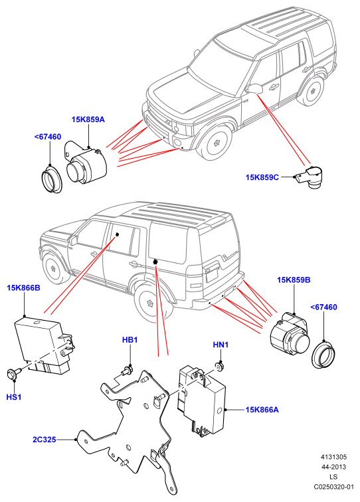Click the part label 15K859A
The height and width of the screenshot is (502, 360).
click(88, 120)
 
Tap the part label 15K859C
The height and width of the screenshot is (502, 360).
click(262, 177)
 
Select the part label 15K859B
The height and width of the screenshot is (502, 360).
click(294, 280)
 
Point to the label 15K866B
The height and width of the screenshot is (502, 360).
click(23, 288)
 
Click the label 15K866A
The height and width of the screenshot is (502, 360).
click(262, 410)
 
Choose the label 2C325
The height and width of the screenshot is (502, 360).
click(45, 440)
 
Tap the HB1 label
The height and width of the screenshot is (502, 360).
click(130, 340)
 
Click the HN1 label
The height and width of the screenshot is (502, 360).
click(221, 345)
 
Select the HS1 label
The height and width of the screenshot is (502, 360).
click(14, 397)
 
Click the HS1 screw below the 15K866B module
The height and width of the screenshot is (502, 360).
click(13, 374)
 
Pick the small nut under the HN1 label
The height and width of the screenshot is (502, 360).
click(219, 365)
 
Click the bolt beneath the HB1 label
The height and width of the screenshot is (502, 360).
click(126, 370)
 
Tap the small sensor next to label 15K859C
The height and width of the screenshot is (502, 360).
click(311, 178)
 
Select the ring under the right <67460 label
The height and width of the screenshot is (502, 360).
click(323, 355)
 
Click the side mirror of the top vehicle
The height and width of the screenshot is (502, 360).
click(254, 88)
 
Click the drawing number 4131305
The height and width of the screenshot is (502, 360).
click(333, 457)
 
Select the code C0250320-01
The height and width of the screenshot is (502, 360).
click(333, 487)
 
